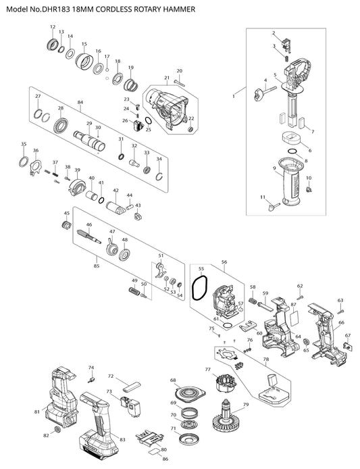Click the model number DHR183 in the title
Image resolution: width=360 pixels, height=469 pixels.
(56, 9)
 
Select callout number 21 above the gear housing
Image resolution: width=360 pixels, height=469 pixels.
(167, 78)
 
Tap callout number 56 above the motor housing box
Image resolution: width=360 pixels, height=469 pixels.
(224, 262)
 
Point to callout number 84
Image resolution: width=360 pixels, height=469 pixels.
(80, 102)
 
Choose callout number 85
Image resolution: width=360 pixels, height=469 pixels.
(97, 266)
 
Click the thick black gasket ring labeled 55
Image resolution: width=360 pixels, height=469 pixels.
(200, 287)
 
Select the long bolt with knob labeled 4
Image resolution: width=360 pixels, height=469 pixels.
(264, 92)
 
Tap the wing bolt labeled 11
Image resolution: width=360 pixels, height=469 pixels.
(274, 207)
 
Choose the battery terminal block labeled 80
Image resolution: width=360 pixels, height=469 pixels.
(149, 441)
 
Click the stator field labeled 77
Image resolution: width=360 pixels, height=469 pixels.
(226, 383)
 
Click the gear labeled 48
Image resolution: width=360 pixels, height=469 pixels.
(124, 255)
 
